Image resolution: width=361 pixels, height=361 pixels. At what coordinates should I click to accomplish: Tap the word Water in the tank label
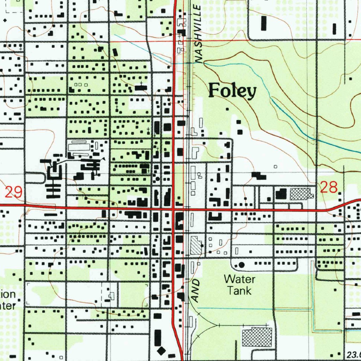click(x=240, y=280)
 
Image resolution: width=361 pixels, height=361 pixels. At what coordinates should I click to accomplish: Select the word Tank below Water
click(x=239, y=291)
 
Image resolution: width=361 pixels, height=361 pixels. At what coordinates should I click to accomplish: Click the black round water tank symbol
click(x=241, y=264)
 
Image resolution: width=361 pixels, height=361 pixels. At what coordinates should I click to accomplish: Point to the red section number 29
click(x=14, y=192)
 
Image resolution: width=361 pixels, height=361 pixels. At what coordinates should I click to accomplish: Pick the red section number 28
click(x=329, y=187)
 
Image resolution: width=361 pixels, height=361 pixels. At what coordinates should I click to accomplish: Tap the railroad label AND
click(x=196, y=290)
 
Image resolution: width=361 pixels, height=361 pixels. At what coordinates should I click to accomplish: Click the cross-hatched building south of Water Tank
click(x=257, y=337)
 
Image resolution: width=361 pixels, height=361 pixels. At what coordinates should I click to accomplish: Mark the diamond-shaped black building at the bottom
click(x=161, y=351)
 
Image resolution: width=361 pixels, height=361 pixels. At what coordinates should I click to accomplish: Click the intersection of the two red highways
click(x=173, y=209)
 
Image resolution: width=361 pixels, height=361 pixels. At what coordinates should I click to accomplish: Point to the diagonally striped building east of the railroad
click(x=195, y=245)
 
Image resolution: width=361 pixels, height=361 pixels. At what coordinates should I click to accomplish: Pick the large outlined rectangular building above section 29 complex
click(x=79, y=146)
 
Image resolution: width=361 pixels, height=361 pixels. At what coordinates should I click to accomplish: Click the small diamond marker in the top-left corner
click(x=5, y=20)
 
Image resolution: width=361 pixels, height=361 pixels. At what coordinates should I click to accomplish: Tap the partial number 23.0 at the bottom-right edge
click(x=353, y=354)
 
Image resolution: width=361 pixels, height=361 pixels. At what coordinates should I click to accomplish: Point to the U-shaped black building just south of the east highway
click(x=215, y=217)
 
